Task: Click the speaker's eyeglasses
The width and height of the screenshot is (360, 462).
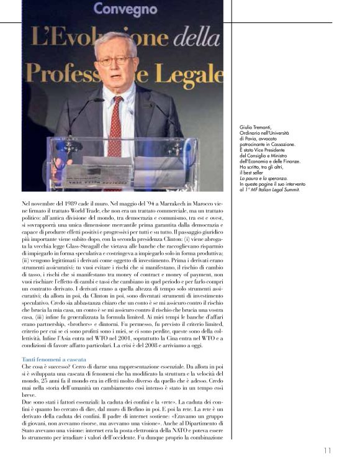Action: coord(115,61)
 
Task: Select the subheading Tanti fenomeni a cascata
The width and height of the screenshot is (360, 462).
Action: coord(54,360)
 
